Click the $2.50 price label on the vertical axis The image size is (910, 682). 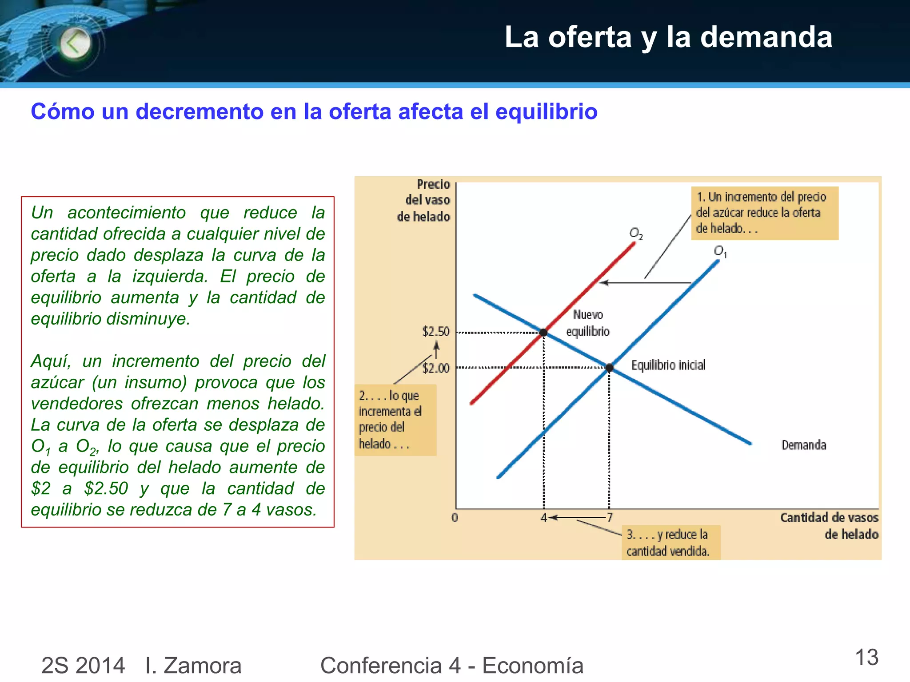(435, 331)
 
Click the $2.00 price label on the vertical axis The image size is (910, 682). (435, 368)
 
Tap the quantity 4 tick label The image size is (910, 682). (543, 518)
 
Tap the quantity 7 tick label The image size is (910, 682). (610, 518)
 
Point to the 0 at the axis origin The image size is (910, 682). (455, 518)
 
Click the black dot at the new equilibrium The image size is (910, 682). (543, 332)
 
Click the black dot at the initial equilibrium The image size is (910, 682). (610, 368)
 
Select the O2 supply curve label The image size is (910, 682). (636, 233)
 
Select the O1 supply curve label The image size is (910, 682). (720, 251)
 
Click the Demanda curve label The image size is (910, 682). (804, 445)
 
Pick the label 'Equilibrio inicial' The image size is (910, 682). (668, 365)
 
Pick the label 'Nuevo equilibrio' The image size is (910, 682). (588, 323)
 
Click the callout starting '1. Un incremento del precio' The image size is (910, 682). (764, 213)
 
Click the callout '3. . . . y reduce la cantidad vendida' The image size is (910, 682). (670, 543)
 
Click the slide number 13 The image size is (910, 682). (866, 658)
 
